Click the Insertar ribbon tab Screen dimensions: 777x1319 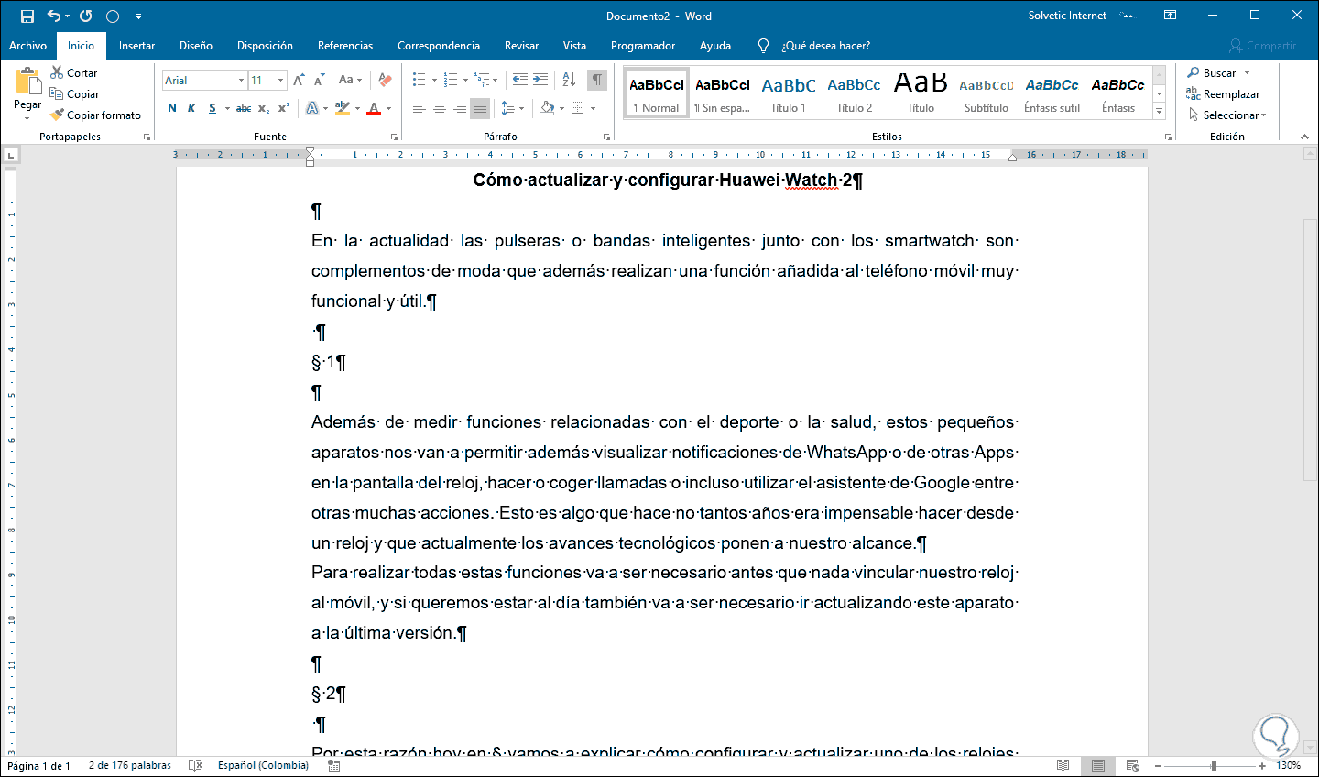coord(136,46)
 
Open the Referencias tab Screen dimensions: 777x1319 coord(345,46)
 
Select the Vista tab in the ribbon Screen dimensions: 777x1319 coord(574,46)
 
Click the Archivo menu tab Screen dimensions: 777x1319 coord(27,46)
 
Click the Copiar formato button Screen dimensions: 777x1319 coord(96,115)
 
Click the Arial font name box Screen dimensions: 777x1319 coord(200,81)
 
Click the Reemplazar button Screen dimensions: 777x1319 coord(1224,94)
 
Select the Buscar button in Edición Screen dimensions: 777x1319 coord(1218,73)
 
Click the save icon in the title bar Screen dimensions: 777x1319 coord(27,16)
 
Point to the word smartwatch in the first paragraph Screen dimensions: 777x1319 coord(929,241)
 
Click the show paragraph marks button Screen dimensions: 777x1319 coord(596,80)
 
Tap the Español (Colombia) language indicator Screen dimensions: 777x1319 coord(263,765)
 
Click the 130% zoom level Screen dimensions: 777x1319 coord(1288,765)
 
